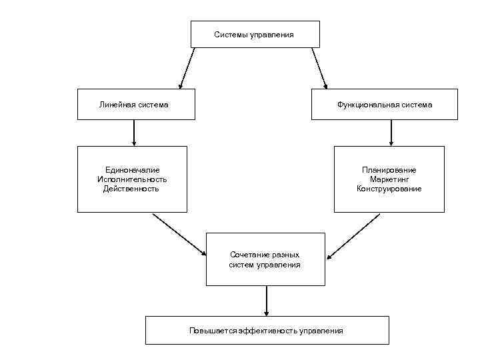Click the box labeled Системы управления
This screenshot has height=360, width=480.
(255, 34)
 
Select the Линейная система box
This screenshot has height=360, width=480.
(136, 105)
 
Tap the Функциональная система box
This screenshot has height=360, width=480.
(384, 105)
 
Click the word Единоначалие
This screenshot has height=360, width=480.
(132, 170)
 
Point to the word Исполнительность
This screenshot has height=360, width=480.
(132, 179)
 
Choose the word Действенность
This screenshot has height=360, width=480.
(131, 189)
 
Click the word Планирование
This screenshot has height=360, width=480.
(389, 170)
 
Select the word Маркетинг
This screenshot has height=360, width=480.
(389, 179)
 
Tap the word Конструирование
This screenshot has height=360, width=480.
(389, 189)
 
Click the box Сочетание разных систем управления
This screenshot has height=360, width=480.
(265, 259)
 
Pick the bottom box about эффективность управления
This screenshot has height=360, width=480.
(267, 331)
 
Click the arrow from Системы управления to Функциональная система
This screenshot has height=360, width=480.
(320, 68)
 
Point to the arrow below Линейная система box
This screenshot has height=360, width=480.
(134, 133)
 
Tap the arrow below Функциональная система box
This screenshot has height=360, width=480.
(391, 133)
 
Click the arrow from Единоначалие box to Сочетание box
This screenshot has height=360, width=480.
(179, 234)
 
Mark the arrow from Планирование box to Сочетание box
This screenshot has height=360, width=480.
(353, 235)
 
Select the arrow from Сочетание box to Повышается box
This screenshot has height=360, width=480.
(267, 301)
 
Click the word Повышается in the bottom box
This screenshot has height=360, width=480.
(209, 331)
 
